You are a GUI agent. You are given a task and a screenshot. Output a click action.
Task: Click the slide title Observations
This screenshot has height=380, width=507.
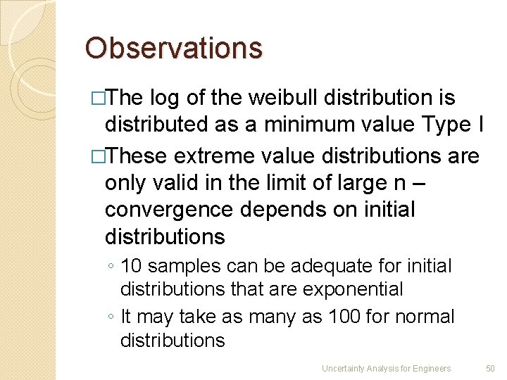tap(173, 49)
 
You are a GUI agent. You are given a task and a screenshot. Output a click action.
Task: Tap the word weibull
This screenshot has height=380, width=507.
tap(278, 97)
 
